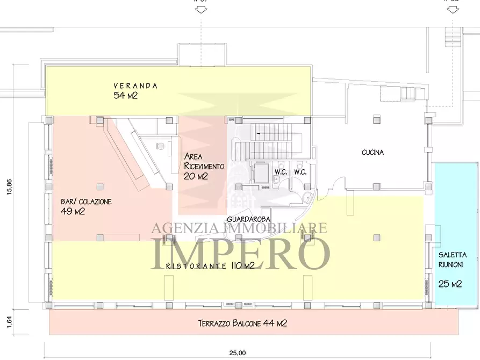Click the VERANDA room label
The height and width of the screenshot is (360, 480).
point(135,85)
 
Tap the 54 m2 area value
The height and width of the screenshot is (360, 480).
point(126,96)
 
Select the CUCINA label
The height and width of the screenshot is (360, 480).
point(372,153)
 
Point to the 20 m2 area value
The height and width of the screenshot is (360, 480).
point(196,176)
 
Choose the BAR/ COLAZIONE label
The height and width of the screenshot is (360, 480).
point(86,201)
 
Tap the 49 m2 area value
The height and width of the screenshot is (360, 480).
point(73,211)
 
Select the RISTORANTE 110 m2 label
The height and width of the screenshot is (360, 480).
point(210,266)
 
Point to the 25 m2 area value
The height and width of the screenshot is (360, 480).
point(450,284)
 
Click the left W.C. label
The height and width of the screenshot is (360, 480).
point(281,172)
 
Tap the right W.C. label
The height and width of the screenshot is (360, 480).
point(300,172)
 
